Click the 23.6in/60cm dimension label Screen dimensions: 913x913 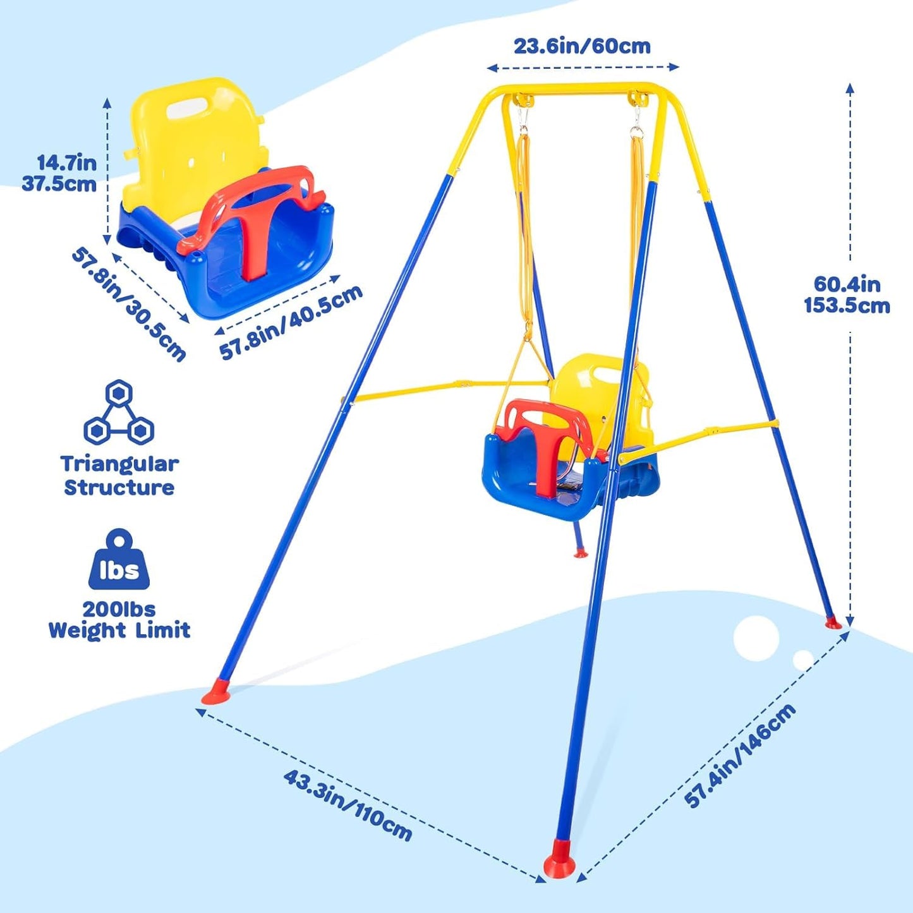click(581, 46)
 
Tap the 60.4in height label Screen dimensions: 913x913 click(847, 284)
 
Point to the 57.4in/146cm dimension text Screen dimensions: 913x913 click(739, 755)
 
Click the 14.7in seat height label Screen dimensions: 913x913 click(66, 162)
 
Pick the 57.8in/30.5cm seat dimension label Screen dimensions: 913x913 click(130, 304)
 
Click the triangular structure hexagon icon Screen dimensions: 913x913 click(119, 411)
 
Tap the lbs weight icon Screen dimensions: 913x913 click(119, 561)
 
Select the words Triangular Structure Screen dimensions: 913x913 click(119, 476)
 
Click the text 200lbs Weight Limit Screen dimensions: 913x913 click(119, 620)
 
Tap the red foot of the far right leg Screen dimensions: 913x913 click(833, 623)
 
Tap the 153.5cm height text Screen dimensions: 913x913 click(847, 306)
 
